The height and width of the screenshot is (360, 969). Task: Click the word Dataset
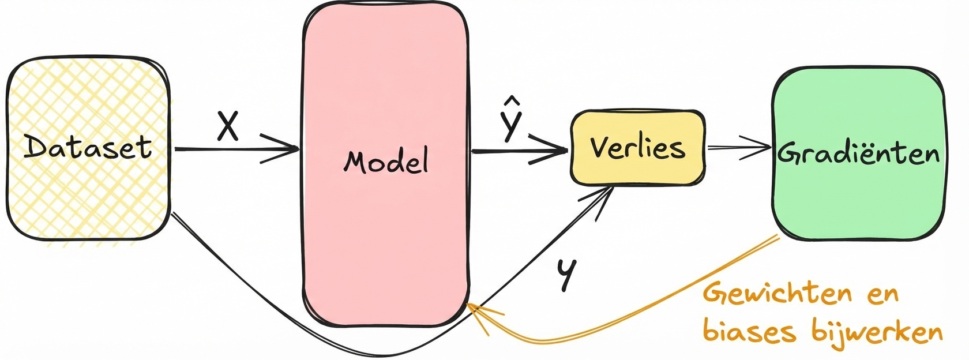[88, 148]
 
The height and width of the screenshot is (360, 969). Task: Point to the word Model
[386, 161]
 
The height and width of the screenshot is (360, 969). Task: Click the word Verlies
[637, 148]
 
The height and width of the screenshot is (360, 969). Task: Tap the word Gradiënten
[858, 153]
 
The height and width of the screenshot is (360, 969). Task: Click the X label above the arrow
[228, 126]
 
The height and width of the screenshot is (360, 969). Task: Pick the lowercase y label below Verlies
[566, 274]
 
